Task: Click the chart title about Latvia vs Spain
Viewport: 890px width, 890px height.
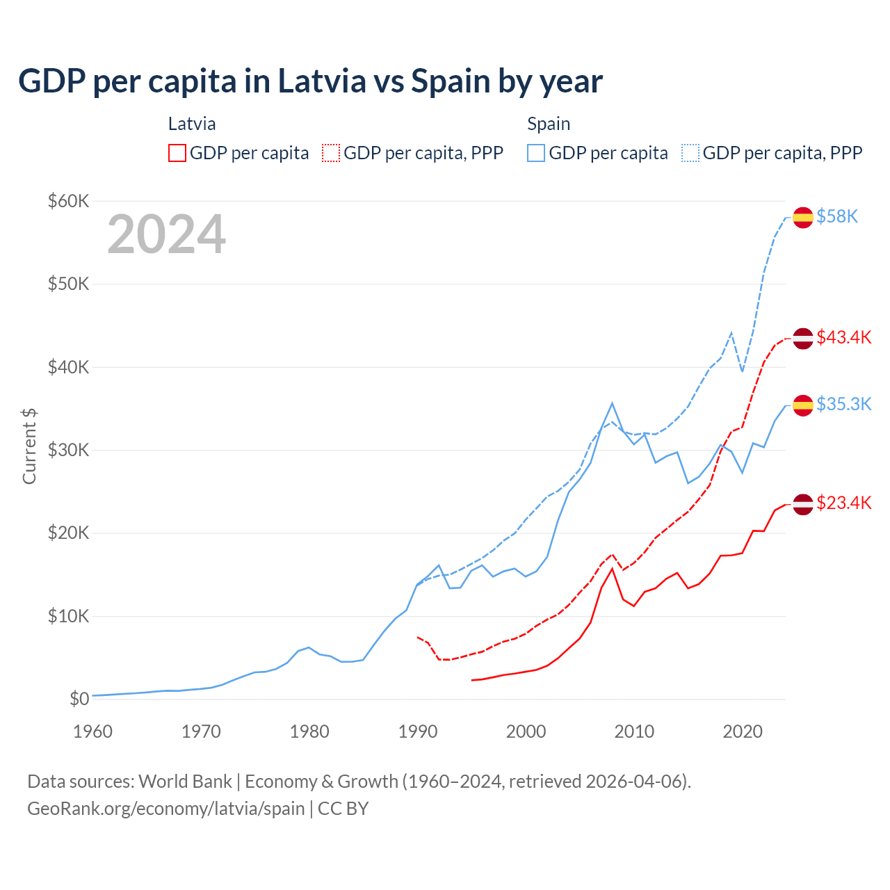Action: pos(310,81)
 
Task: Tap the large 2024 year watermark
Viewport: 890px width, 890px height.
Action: pos(166,235)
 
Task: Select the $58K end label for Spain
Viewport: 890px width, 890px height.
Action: pos(837,217)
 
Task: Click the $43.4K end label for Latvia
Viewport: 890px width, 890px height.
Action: pos(843,337)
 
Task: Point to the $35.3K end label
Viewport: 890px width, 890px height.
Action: pos(843,404)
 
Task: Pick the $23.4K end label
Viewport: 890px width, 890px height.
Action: pos(843,503)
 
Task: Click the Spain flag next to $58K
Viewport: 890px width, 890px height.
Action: pos(803,217)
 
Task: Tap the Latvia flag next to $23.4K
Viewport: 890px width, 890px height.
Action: pos(803,503)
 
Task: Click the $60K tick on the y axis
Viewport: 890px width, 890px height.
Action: pos(68,202)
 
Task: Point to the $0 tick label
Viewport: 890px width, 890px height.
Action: pos(79,699)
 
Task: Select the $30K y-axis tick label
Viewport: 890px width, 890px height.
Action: pos(68,450)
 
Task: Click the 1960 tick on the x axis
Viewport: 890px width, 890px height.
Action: pos(92,731)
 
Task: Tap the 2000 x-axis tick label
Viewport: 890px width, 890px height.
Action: pos(526,731)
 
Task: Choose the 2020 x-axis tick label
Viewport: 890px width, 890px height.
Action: pos(743,731)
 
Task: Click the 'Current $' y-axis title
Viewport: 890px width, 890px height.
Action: pos(29,446)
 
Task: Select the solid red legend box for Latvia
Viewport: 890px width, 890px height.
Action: pos(177,153)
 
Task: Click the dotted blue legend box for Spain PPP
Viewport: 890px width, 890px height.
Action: pos(690,153)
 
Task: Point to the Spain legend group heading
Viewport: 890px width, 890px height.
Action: pos(549,124)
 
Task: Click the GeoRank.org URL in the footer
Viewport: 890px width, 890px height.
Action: pos(166,809)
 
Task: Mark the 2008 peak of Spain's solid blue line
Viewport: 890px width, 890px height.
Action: pos(612,403)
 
